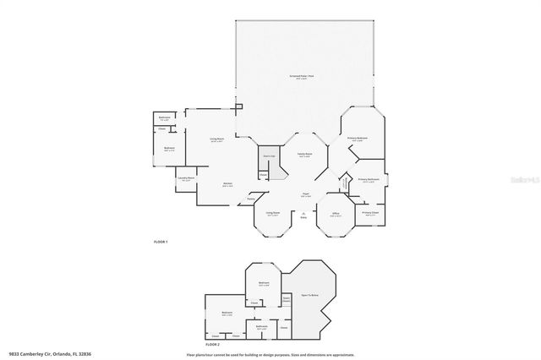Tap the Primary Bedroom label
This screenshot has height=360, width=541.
tap(357, 139)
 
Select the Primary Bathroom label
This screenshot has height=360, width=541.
tap(369, 180)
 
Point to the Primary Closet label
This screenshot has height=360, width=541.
tap(370, 214)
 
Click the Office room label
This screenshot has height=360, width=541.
tap(335, 215)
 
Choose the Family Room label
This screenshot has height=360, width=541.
tap(304, 155)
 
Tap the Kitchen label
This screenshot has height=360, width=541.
tap(228, 183)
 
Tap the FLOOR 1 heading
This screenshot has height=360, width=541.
tap(161, 243)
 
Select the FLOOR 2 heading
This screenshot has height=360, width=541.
tap(211, 345)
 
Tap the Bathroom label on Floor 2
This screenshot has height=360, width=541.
tap(262, 326)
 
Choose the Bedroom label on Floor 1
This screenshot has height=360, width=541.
tap(169, 149)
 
